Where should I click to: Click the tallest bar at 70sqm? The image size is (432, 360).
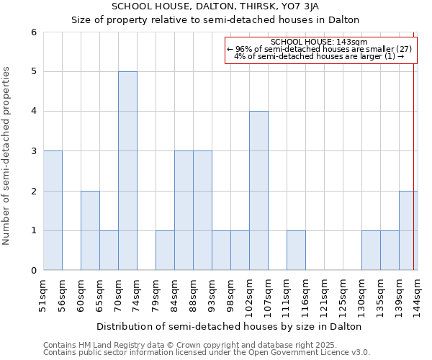(x=127, y=171)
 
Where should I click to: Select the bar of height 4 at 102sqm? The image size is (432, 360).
(x=258, y=191)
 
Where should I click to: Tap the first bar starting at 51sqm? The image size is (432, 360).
(x=53, y=210)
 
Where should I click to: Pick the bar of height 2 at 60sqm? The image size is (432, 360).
(x=90, y=230)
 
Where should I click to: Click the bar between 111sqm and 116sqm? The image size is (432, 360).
(x=296, y=251)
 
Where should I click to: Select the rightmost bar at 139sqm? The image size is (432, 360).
(x=408, y=230)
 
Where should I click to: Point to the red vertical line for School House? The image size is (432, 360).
(x=414, y=151)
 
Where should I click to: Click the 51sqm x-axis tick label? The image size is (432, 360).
(x=44, y=292)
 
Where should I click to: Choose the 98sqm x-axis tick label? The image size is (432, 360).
(x=231, y=292)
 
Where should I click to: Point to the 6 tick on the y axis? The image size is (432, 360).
(x=33, y=32)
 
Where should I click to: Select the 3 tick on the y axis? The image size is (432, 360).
(x=33, y=151)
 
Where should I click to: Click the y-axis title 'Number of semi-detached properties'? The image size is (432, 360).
(x=7, y=156)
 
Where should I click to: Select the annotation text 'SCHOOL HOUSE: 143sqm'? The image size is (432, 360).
(x=319, y=42)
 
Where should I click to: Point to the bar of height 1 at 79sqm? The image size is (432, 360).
(x=165, y=251)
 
